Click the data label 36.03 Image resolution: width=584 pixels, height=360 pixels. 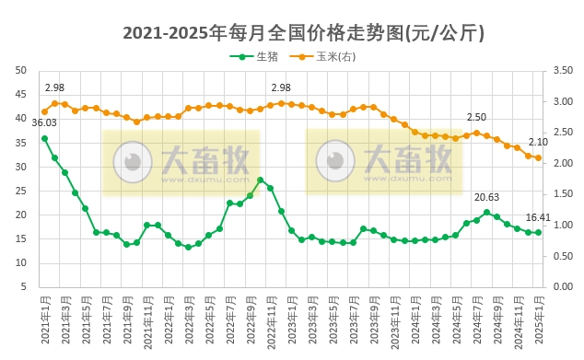click(x=44, y=122)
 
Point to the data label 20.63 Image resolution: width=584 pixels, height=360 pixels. click(x=486, y=197)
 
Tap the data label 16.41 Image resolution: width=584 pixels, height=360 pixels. click(x=538, y=217)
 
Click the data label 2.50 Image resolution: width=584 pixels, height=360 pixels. click(x=476, y=118)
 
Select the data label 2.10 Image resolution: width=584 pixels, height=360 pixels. click(x=538, y=142)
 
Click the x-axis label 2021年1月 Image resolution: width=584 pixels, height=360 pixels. click(x=44, y=318)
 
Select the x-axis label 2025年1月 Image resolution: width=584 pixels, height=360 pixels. click(x=539, y=318)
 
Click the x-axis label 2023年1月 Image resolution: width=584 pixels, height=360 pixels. click(x=291, y=318)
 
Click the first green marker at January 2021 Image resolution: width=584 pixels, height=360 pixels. click(x=44, y=138)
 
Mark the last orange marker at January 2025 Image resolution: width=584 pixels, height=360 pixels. click(x=539, y=157)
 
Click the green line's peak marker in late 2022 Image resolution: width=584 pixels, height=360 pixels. click(x=261, y=180)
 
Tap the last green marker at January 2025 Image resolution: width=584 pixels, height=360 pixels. click(x=539, y=232)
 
